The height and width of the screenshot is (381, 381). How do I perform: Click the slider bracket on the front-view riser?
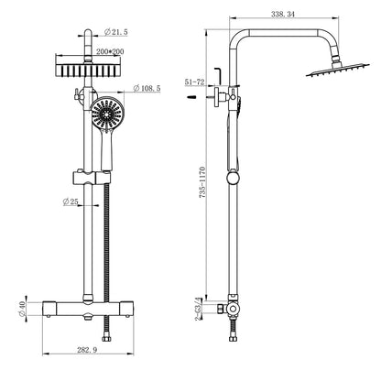pyautogui.click(x=87, y=174)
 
